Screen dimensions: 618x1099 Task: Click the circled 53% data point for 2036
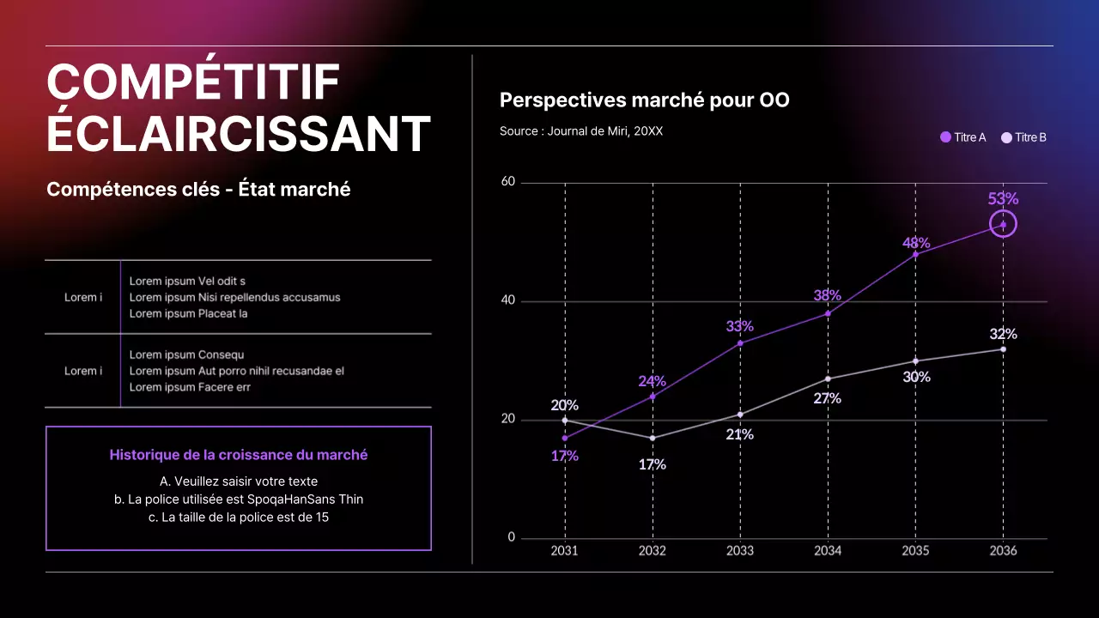(x=1003, y=225)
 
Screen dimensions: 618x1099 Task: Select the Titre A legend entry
(x=963, y=137)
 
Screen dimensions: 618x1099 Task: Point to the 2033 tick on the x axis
(x=739, y=550)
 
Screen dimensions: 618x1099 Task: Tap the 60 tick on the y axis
(x=507, y=182)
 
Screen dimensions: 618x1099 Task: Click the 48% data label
(x=916, y=243)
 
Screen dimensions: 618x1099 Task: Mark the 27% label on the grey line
(x=827, y=398)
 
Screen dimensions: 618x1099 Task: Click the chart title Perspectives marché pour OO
(x=644, y=100)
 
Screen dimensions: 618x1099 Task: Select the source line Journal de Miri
(x=580, y=131)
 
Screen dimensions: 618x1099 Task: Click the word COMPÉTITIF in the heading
(x=193, y=83)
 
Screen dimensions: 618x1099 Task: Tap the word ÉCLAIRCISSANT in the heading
(x=238, y=134)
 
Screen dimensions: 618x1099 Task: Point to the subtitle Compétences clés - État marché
(x=198, y=190)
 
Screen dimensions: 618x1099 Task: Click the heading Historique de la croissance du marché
(x=238, y=455)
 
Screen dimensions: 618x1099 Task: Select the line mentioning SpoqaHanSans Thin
(x=238, y=499)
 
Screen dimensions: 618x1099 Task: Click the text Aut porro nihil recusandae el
(x=271, y=371)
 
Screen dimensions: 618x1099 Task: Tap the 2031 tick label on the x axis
(x=564, y=550)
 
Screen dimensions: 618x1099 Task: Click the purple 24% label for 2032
(x=652, y=381)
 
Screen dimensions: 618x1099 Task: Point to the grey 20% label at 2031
(x=564, y=405)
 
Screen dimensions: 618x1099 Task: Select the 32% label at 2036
(x=1003, y=334)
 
